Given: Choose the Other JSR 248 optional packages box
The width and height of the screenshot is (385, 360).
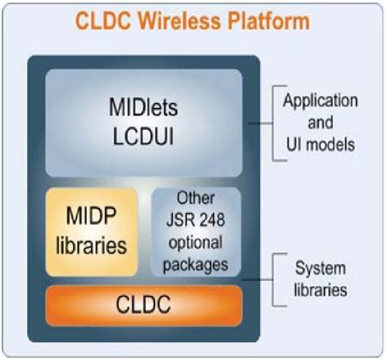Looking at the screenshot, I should point(197,231).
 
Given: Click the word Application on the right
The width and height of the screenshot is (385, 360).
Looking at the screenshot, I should point(319,101).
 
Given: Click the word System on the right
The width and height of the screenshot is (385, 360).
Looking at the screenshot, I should point(318,268).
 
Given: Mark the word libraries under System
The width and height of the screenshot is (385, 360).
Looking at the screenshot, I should point(318,288).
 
